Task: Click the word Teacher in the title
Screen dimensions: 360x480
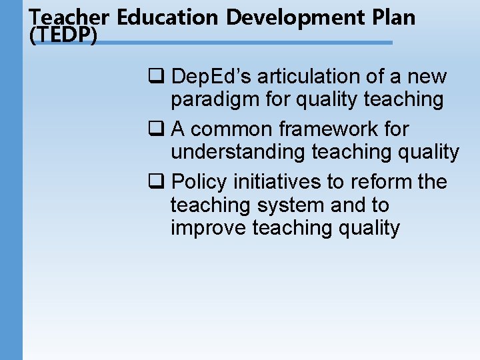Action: pos(70,17)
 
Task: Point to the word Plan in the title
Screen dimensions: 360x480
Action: pos(395,17)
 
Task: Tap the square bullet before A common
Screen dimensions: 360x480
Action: pos(155,129)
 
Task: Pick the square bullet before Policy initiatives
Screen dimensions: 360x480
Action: pos(155,182)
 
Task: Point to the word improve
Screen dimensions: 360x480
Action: pos(209,227)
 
